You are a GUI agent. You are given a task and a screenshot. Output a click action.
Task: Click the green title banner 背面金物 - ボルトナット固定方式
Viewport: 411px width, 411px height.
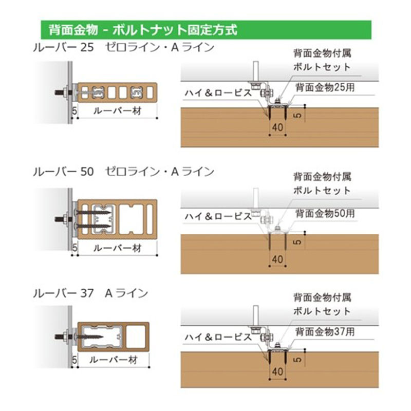click(206, 30)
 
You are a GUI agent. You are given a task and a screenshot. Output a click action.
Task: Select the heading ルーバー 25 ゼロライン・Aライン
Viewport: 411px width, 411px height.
click(124, 47)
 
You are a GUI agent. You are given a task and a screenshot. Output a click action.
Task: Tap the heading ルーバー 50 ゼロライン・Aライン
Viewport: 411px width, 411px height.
click(124, 172)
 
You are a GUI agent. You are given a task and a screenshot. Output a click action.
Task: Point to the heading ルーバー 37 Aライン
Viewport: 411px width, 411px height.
click(91, 293)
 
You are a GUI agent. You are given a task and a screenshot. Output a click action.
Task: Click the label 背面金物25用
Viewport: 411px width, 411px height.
click(325, 87)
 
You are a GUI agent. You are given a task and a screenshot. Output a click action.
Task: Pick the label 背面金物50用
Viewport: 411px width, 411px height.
click(325, 213)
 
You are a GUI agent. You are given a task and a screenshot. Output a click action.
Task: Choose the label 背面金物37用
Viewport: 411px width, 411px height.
click(325, 331)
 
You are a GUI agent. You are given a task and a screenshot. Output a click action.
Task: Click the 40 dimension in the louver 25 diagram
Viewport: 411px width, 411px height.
click(277, 127)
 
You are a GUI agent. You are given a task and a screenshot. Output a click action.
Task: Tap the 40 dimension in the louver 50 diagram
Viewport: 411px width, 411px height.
click(277, 259)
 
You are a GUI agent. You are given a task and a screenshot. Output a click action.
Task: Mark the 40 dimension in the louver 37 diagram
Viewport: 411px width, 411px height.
click(277, 371)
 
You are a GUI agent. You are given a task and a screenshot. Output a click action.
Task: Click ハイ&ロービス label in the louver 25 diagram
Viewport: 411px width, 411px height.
click(218, 92)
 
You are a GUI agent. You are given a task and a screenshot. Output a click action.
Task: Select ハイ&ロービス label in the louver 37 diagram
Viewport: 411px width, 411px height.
click(218, 337)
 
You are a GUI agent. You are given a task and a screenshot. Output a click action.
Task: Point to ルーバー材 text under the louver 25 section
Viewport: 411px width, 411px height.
click(118, 111)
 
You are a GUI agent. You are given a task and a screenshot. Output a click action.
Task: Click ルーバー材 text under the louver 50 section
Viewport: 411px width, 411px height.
click(118, 248)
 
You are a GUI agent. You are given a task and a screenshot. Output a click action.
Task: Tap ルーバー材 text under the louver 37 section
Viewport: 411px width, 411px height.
click(114, 360)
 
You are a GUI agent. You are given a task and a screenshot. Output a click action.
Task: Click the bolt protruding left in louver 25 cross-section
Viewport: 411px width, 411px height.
click(63, 92)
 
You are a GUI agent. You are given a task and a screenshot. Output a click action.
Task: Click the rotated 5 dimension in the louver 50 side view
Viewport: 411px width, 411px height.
click(297, 242)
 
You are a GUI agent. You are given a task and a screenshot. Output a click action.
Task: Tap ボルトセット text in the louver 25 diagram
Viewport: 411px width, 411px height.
click(322, 67)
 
